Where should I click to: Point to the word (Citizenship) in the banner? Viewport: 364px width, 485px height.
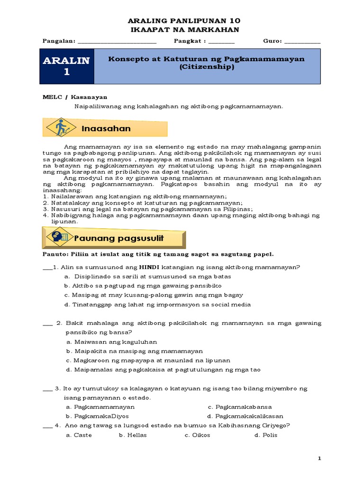[x=207, y=67]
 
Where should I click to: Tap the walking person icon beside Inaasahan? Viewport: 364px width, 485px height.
[x=61, y=128]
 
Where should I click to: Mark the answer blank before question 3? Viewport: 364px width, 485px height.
[x=47, y=389]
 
